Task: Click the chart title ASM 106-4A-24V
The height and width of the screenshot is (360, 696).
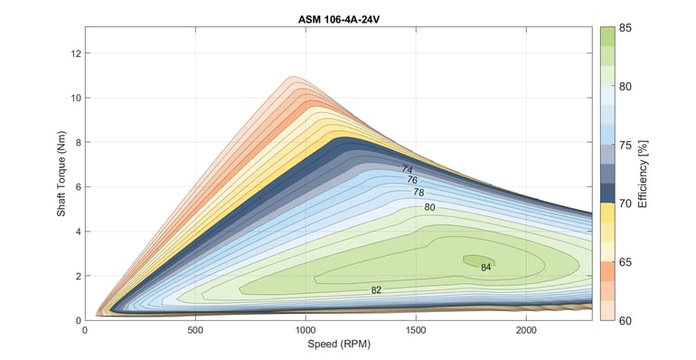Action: (x=338, y=18)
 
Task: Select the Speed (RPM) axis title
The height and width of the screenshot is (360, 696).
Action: (x=338, y=345)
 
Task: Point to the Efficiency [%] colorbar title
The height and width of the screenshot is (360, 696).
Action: (x=643, y=173)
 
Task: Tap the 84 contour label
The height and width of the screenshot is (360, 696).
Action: (x=485, y=268)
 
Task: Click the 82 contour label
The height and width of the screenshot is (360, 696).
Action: (x=376, y=290)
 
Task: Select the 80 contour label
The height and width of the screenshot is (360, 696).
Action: (x=429, y=208)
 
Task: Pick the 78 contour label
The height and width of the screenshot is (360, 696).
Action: (x=419, y=193)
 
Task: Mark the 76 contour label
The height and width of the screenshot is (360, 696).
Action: (x=412, y=181)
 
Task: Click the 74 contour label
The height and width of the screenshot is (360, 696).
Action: (x=407, y=170)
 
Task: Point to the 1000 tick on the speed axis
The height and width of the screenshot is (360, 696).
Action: (x=306, y=331)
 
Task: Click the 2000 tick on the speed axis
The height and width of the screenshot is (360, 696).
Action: (x=526, y=331)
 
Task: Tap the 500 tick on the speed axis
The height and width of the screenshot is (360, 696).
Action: (x=195, y=331)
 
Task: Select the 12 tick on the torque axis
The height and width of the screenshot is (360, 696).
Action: (x=76, y=53)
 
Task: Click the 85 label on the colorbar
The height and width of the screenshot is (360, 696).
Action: (x=625, y=28)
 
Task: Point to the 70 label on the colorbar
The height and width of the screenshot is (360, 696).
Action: (x=625, y=204)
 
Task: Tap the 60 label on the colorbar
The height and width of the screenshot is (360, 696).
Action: (x=625, y=319)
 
